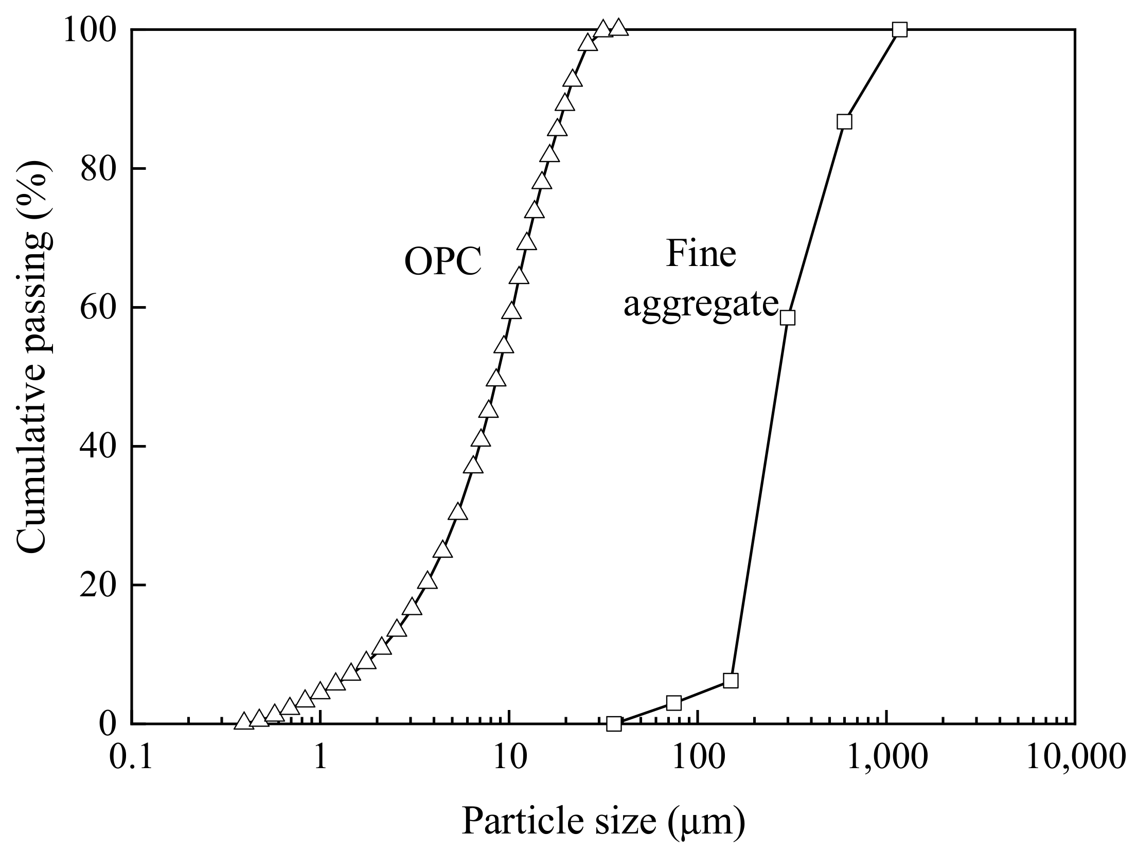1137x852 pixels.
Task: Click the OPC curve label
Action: [x=443, y=262]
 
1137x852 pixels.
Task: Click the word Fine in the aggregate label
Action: [x=701, y=254]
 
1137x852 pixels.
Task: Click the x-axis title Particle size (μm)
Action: [x=603, y=822]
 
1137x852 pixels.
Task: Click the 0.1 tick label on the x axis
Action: [x=132, y=757]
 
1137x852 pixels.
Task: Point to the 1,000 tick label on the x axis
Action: [x=886, y=757]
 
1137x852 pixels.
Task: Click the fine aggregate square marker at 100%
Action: [x=900, y=29]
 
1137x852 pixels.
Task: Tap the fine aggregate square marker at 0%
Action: [x=614, y=724]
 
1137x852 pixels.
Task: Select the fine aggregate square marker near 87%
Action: [x=844, y=122]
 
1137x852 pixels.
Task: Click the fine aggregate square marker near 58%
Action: [x=788, y=317]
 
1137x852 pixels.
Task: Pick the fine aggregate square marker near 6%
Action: [x=731, y=680]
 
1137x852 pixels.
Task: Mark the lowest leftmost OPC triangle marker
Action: [x=243, y=722]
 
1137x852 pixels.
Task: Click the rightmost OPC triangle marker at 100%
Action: [x=619, y=28]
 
